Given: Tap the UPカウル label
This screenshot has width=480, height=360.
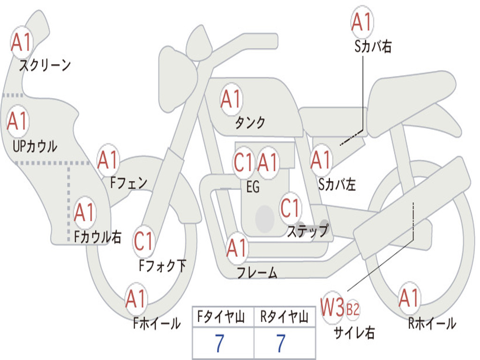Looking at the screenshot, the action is coord(35,146).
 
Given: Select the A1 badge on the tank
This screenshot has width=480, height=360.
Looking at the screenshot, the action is coord(232,99).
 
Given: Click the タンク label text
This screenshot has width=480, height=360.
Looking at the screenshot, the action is coord(250,123).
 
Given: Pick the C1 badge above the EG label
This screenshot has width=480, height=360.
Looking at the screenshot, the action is coord(244,162).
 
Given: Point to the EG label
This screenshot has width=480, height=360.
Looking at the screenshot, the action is coord(253,187).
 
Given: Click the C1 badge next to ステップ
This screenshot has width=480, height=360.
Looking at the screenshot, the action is coord(290,208).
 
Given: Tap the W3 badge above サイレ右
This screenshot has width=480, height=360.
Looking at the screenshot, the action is coord(332,307).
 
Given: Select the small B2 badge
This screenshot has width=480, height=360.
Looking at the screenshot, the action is coord(352,309).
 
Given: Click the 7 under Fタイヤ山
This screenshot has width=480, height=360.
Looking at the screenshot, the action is coord(219,343).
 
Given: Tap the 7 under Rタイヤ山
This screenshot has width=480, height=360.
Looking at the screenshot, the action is coord(281,343).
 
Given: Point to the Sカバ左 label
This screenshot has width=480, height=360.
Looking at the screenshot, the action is coord(337,185).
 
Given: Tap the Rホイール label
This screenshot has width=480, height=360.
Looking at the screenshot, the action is coord(432,323).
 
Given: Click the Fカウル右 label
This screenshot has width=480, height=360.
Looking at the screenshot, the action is coord(97,237).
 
